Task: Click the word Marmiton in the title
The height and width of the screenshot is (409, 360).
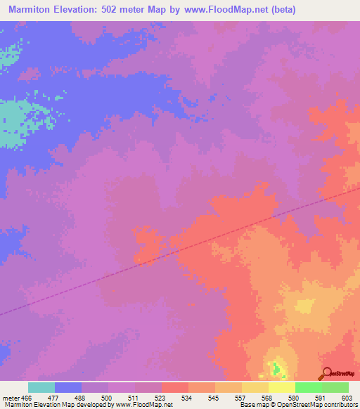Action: (32, 10)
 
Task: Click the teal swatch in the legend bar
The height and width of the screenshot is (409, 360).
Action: (41, 387)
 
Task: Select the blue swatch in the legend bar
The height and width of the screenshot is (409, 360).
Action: (68, 387)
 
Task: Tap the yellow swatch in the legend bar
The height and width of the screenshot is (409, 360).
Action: (281, 387)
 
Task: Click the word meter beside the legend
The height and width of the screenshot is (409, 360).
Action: (9, 397)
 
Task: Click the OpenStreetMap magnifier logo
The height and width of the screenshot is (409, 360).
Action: (325, 373)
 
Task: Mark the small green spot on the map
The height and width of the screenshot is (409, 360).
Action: (276, 367)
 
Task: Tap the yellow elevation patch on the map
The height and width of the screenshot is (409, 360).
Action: (304, 306)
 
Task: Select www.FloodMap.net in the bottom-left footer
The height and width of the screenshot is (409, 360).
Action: (143, 405)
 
